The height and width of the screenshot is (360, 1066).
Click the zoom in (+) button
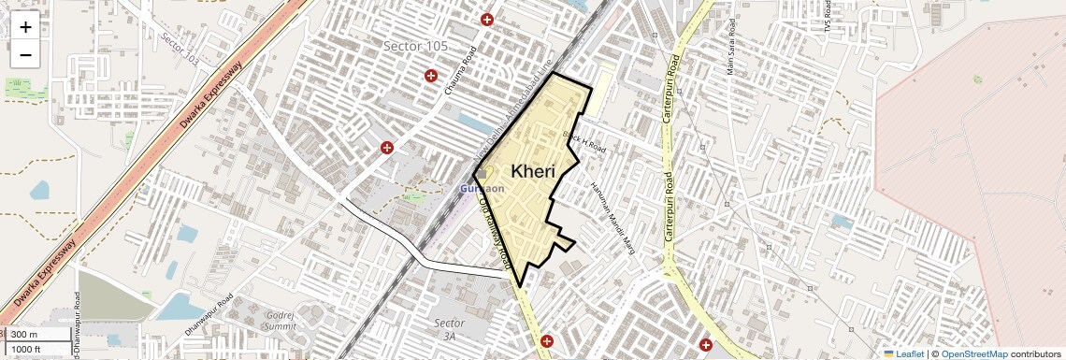point(25,26)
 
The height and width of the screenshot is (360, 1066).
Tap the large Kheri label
point(533,171)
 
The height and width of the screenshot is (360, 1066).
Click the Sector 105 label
point(416,46)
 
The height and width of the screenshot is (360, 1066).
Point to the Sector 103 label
point(180,47)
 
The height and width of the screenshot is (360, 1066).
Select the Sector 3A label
point(450,329)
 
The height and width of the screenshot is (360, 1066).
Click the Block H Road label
point(585,142)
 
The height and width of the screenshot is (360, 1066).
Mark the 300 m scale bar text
point(24,335)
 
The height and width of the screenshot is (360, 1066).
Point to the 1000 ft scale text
point(27,349)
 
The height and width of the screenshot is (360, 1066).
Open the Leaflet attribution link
point(903,353)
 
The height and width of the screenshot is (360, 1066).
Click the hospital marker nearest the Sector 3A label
point(547,341)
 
